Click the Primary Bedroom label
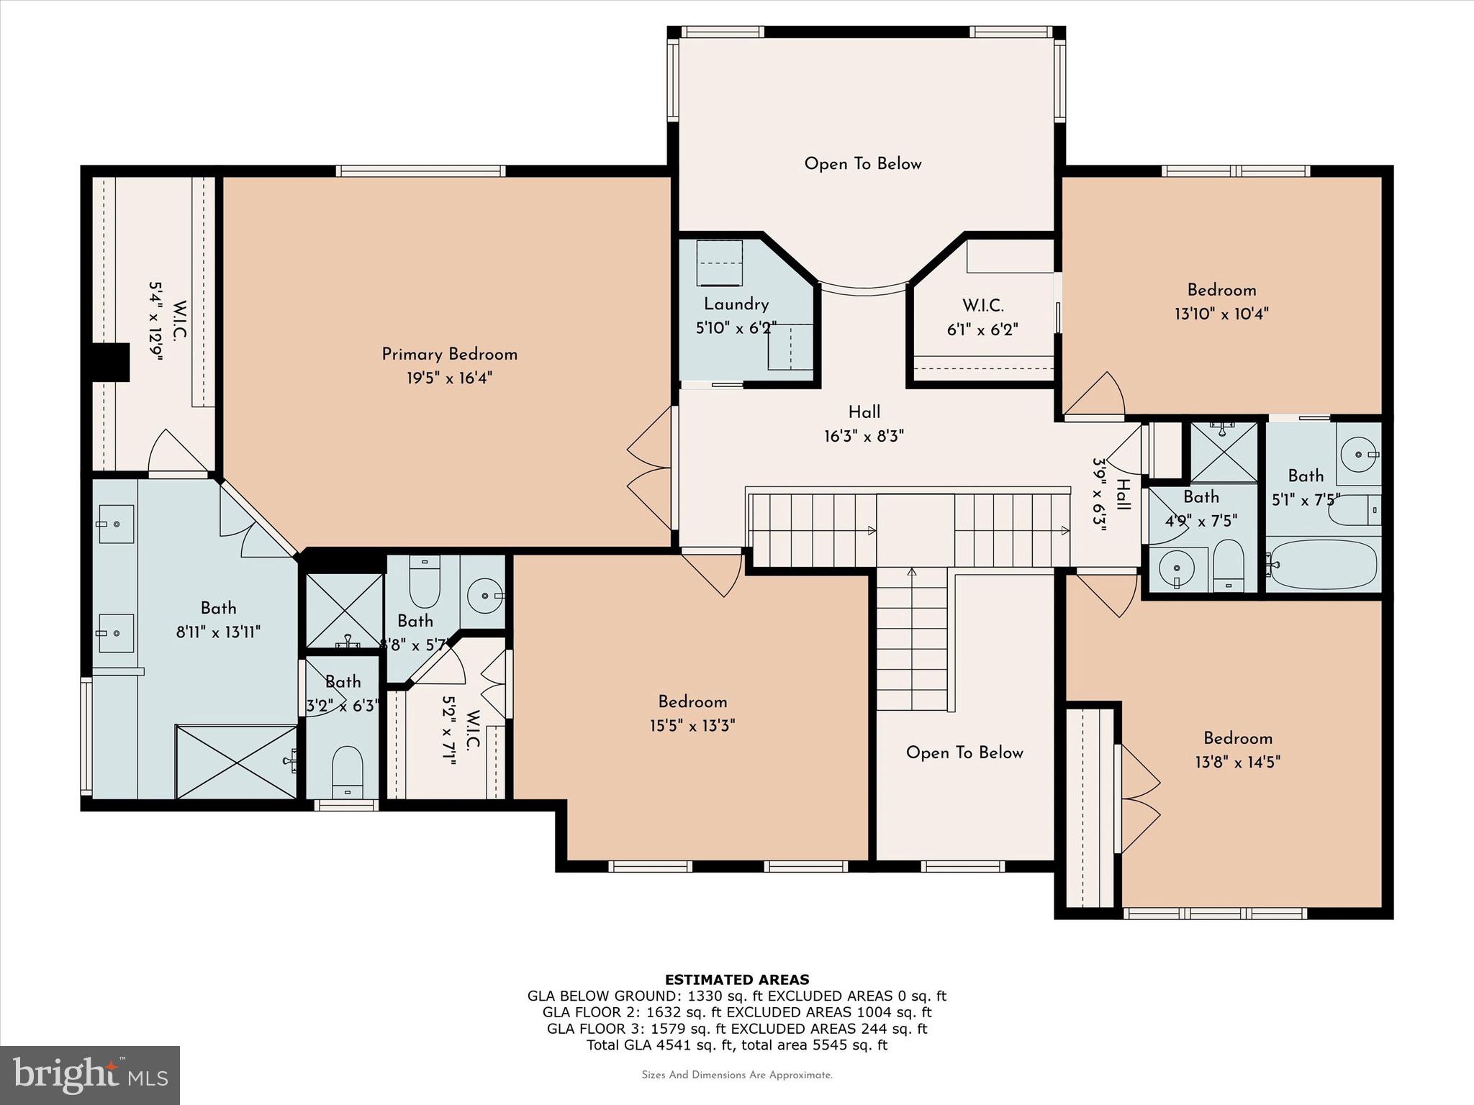[449, 354]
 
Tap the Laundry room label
[736, 304]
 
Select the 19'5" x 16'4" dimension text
[449, 378]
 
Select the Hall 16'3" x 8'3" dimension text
[864, 436]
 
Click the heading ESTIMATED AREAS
[736, 979]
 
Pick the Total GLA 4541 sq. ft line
[736, 1045]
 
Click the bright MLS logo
[90, 1076]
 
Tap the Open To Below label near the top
[862, 164]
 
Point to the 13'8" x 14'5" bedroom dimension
[1237, 762]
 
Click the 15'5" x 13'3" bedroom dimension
[692, 725]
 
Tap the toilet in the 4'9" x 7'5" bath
[1228, 568]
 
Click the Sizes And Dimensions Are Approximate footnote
[736, 1076]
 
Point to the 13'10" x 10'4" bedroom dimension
[1221, 314]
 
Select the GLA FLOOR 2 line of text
[736, 1012]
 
